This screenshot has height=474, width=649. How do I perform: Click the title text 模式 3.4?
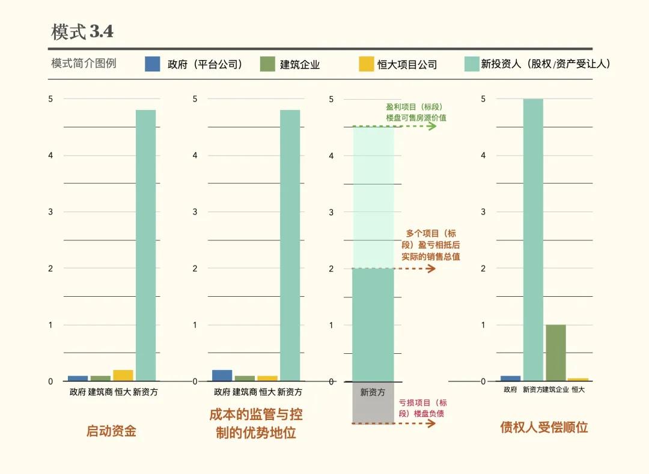[x=82, y=32]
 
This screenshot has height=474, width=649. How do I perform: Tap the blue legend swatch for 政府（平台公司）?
[x=153, y=64]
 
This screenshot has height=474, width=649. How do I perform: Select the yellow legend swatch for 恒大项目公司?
[x=367, y=64]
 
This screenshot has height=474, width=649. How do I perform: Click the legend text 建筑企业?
[x=300, y=64]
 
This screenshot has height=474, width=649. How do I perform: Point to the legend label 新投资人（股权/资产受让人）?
[x=546, y=64]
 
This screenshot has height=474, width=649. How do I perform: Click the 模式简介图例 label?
[x=84, y=63]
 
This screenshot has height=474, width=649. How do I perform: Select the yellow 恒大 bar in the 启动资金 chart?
[x=123, y=375]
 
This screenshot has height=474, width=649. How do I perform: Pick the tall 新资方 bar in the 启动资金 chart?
[x=146, y=245]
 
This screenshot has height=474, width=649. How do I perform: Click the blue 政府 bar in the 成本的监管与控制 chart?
[x=222, y=375]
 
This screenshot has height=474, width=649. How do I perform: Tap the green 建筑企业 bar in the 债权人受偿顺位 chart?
[x=556, y=353]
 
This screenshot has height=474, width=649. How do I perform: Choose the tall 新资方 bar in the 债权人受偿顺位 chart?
[x=533, y=240]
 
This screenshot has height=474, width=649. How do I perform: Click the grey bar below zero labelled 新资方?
[x=373, y=403]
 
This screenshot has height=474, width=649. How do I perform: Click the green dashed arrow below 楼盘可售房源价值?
[x=397, y=126]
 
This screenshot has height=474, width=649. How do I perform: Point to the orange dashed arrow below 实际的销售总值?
[x=397, y=269]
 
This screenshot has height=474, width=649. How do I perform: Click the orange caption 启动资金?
[x=111, y=431]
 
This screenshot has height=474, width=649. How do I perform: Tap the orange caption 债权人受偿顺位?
[x=544, y=427]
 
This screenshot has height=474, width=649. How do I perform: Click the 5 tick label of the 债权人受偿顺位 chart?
[x=483, y=99]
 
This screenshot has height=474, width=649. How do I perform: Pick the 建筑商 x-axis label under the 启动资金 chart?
[x=100, y=392]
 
